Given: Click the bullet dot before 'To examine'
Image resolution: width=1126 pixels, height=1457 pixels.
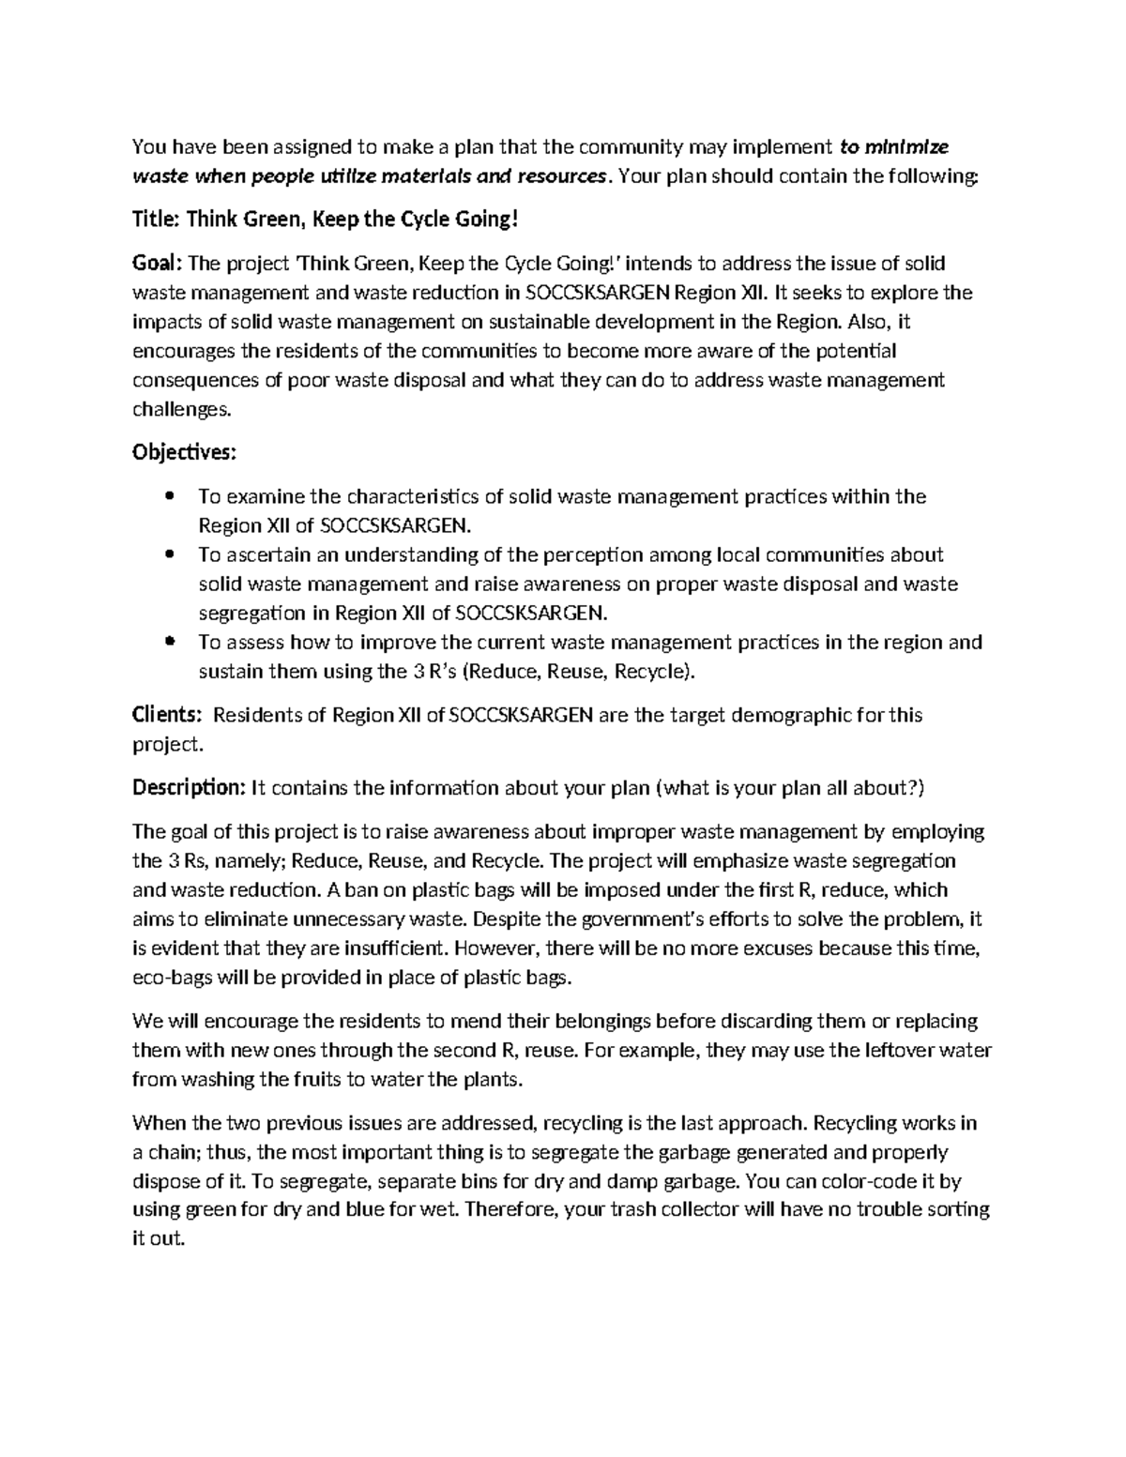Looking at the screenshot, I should point(170,496).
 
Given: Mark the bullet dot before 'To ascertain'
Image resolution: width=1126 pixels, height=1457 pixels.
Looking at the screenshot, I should point(170,554).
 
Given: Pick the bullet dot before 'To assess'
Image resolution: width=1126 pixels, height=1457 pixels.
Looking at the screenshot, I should point(170,643).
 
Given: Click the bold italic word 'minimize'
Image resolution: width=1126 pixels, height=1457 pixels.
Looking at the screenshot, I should point(906,146).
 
